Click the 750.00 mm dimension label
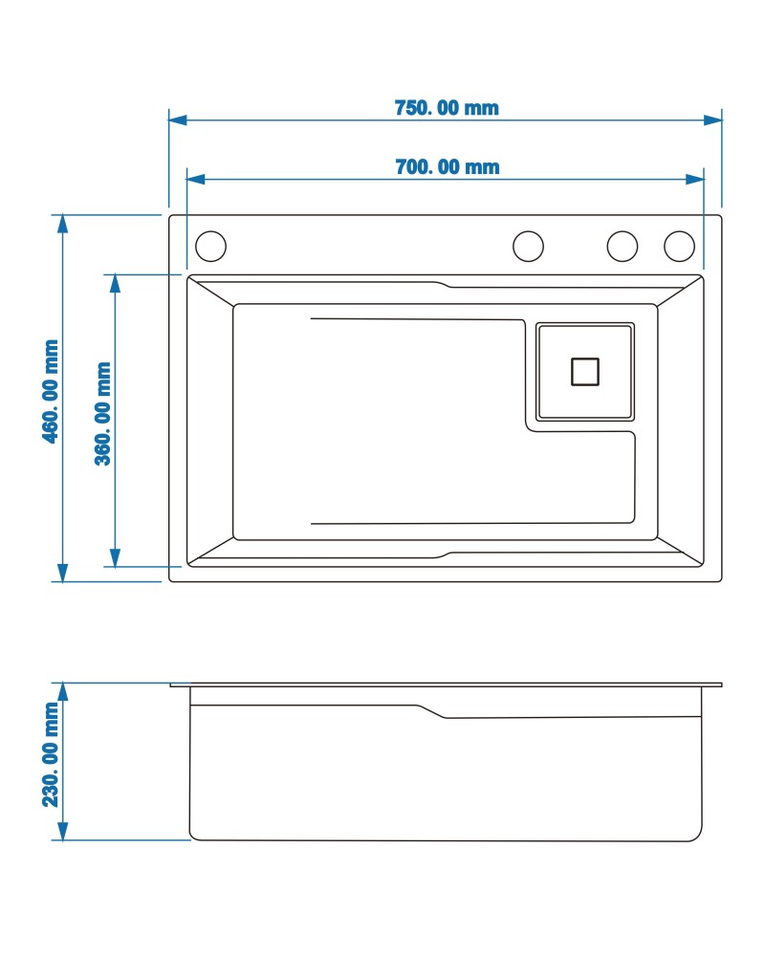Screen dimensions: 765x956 click(x=447, y=108)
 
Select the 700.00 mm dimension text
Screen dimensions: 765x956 click(x=448, y=166)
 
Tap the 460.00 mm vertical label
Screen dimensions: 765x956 click(x=51, y=391)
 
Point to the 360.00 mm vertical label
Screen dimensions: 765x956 click(x=103, y=413)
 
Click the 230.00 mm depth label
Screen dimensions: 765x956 click(x=51, y=755)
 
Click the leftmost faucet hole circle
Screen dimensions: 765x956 click(x=210, y=247)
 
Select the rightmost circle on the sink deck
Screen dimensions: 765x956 click(x=679, y=247)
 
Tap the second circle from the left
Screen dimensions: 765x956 click(x=528, y=247)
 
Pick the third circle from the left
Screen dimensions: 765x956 click(x=623, y=247)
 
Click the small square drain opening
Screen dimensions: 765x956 click(x=585, y=371)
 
